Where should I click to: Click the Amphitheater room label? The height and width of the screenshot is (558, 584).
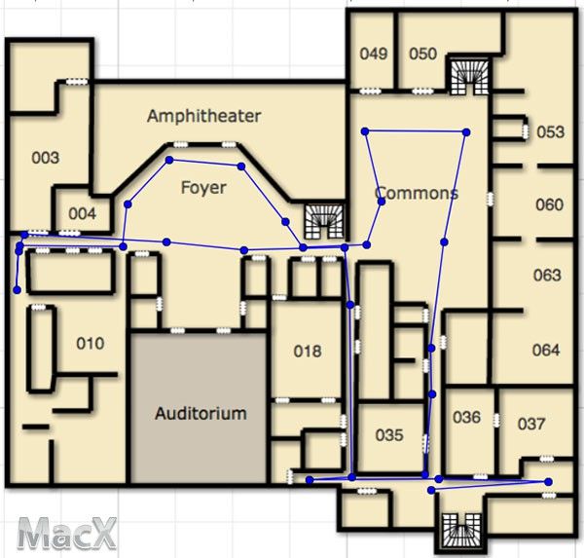pyautogui.click(x=203, y=116)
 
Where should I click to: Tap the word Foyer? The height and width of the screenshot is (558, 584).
pyautogui.click(x=203, y=188)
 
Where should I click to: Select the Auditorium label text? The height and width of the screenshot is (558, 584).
pyautogui.click(x=201, y=413)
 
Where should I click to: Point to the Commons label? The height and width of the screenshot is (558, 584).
pyautogui.click(x=417, y=193)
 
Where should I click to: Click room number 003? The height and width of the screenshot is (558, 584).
pyautogui.click(x=46, y=158)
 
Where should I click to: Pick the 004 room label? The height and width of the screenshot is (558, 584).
pyautogui.click(x=83, y=214)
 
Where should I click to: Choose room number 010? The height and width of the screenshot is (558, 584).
pyautogui.click(x=91, y=344)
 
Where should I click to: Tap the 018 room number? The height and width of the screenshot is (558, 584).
pyautogui.click(x=308, y=352)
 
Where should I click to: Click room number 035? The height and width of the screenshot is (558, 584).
pyautogui.click(x=389, y=435)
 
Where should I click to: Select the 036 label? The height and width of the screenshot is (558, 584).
pyautogui.click(x=466, y=417)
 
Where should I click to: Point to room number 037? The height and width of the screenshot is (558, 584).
pyautogui.click(x=531, y=424)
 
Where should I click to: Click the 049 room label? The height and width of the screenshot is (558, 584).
pyautogui.click(x=374, y=54)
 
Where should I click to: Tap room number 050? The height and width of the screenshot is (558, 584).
pyautogui.click(x=423, y=54)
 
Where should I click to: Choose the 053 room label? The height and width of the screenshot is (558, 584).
pyautogui.click(x=551, y=131)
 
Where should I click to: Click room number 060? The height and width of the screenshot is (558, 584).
pyautogui.click(x=549, y=205)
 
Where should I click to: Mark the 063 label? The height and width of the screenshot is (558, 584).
pyautogui.click(x=547, y=275)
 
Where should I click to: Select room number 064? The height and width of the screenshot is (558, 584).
pyautogui.click(x=546, y=350)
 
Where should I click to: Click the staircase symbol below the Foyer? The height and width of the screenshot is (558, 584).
pyautogui.click(x=324, y=221)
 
